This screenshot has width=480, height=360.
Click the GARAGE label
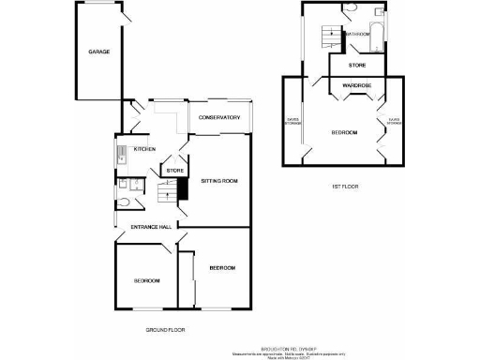coord(99,52)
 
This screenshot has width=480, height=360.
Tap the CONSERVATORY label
coord(220,118)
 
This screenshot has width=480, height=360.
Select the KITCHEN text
coord(144,149)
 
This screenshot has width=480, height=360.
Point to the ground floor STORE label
coord(173,171)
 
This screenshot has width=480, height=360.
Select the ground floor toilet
coord(125,202)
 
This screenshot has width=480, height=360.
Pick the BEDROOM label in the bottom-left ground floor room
coord(145,281)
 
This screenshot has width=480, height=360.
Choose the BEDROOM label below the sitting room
coord(222,268)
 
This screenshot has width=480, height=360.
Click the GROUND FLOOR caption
coord(165,331)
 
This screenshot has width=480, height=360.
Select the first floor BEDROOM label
coord(344,133)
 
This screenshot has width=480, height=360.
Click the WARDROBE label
coord(357,85)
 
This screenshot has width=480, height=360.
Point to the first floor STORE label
coord(357,66)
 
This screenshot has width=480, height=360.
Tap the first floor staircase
coord(330,36)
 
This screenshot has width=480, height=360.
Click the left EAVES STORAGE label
coord(295,121)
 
